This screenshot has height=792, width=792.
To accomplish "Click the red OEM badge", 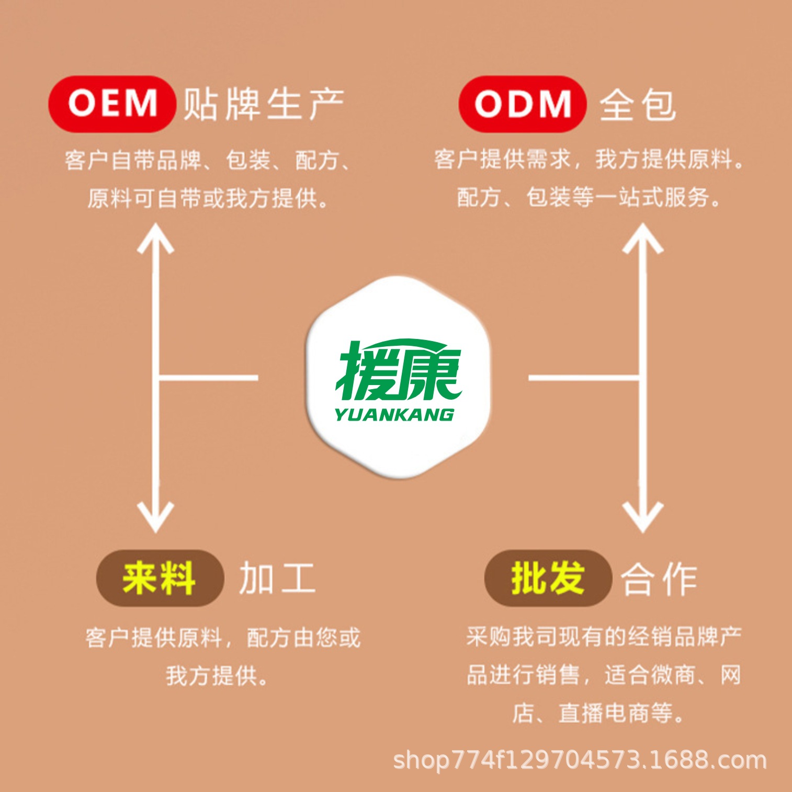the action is pyautogui.click(x=111, y=104).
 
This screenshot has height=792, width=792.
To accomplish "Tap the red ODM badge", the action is pyautogui.click(x=522, y=104).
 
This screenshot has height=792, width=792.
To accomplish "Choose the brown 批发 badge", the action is pyautogui.click(x=547, y=578).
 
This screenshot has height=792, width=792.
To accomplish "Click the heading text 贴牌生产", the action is pyautogui.click(x=263, y=104).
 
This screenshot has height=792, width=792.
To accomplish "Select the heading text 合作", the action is pyautogui.click(x=659, y=580).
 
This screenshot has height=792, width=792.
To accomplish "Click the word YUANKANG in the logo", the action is pyautogui.click(x=394, y=415).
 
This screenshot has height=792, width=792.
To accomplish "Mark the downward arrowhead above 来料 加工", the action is pyautogui.click(x=155, y=517).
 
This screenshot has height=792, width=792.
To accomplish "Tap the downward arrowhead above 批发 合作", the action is pyautogui.click(x=642, y=517).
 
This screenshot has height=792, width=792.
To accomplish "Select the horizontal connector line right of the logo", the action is pyautogui.click(x=583, y=377).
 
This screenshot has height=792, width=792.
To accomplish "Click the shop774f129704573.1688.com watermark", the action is pyautogui.click(x=580, y=760).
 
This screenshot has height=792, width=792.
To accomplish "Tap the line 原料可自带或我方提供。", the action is pyautogui.click(x=208, y=199).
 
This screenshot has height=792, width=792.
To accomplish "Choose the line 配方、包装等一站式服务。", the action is pyautogui.click(x=589, y=198).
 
